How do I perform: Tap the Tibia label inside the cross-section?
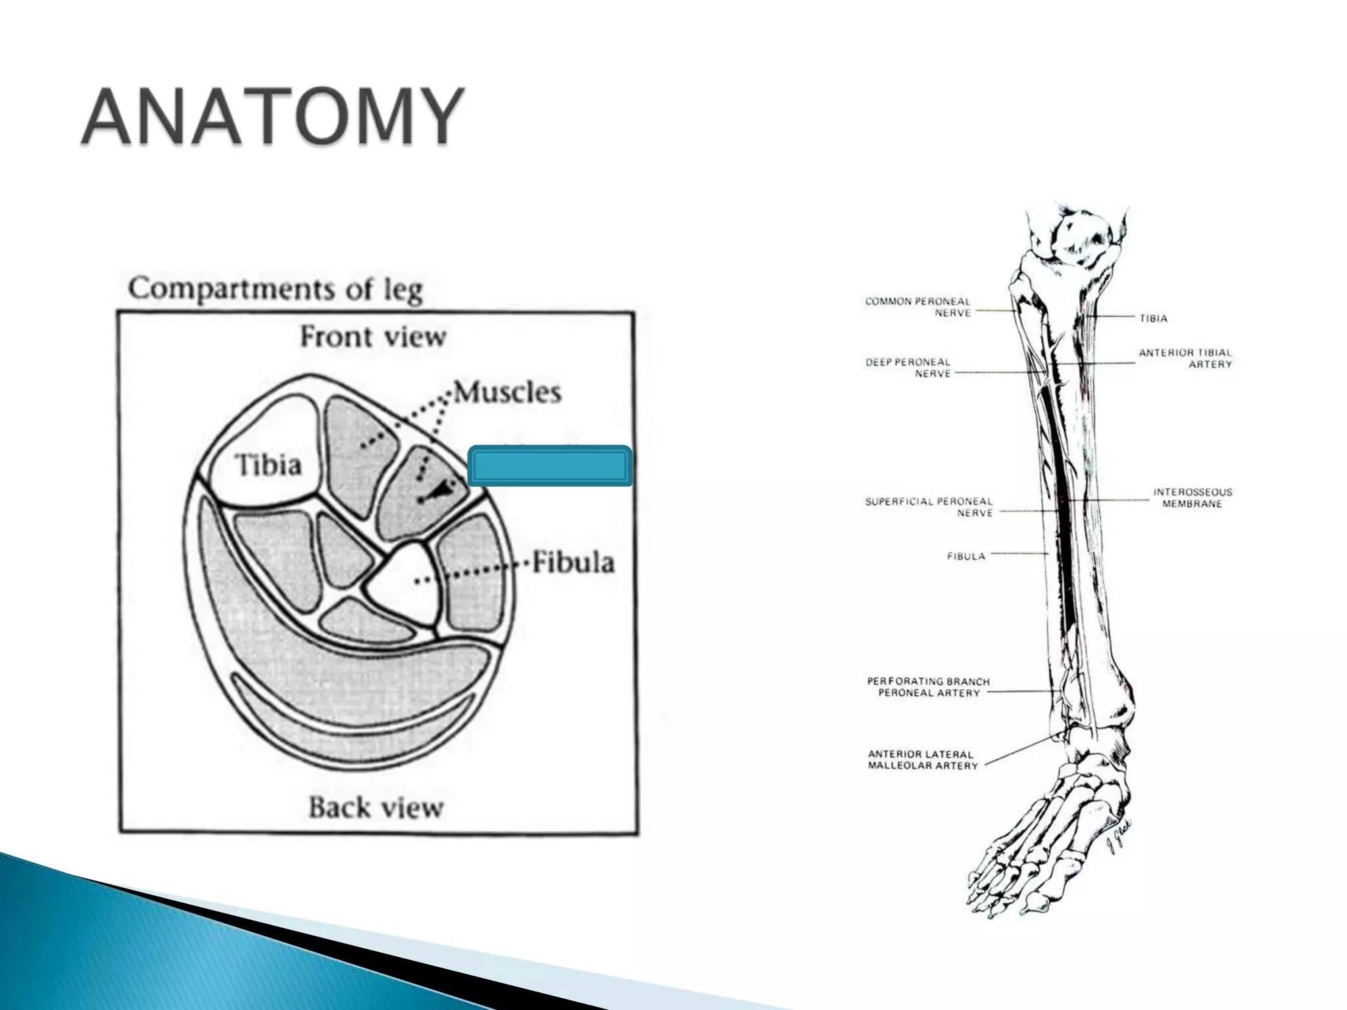[x=268, y=466]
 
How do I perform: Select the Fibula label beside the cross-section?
[x=573, y=563]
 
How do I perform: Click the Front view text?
[x=373, y=337]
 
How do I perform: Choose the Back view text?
[x=376, y=807]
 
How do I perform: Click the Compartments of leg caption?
[x=276, y=289]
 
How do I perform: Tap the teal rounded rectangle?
[x=550, y=467]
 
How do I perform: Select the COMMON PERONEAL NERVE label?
[x=918, y=307]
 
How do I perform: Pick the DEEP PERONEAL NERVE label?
[x=908, y=368]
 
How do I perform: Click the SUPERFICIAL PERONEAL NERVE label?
[x=929, y=507]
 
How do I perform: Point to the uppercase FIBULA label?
[x=966, y=556]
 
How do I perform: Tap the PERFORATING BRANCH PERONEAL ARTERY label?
[x=928, y=687]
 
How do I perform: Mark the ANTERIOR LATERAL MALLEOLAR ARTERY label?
[x=923, y=759]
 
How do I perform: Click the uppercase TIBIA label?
[x=1154, y=318]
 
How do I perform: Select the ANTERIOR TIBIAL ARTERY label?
[x=1185, y=358]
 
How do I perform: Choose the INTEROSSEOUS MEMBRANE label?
[x=1192, y=498]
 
